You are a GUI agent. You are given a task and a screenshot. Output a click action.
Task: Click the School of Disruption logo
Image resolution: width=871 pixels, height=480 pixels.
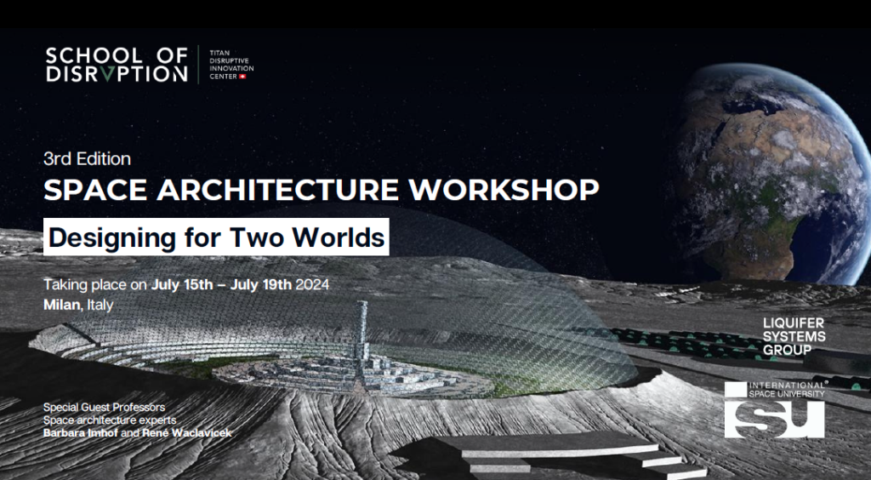coord(117,65)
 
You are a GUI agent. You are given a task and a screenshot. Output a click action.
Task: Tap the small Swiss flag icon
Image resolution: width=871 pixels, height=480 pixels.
coord(242,76)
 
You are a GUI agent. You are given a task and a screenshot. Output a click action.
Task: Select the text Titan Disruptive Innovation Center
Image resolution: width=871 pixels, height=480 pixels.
coord(231,65)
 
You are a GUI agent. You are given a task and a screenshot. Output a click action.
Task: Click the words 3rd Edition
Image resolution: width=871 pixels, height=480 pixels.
coord(88,159)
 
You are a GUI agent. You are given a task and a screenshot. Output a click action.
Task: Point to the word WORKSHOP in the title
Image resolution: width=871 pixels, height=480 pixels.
coord(504,190)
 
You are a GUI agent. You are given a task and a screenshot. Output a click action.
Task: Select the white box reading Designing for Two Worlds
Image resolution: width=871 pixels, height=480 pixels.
coord(216,237)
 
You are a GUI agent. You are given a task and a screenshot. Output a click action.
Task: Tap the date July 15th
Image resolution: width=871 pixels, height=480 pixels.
coord(182,284)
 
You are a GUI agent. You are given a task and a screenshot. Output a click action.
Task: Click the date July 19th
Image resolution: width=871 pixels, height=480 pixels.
coord(261,284)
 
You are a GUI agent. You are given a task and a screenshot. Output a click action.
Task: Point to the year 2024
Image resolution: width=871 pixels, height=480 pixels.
coord(312,284)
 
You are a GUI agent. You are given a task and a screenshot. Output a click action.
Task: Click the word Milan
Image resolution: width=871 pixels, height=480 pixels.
coord(61,305)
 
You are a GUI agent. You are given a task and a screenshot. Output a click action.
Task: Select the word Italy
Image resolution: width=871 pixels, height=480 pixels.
coord(100,305)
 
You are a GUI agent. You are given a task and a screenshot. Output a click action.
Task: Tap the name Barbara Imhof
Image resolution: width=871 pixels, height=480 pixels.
coord(81,433)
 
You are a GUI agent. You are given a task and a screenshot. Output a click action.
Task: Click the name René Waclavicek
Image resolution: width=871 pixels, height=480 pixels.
coord(186,433)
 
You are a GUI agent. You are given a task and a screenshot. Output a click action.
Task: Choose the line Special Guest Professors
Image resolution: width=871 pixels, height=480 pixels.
coord(104,407)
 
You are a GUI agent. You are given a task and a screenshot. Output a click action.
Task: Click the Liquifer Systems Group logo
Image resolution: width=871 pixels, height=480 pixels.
coord(794,337)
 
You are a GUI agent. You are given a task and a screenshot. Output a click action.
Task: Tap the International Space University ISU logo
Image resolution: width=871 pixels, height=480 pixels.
coord(774,409)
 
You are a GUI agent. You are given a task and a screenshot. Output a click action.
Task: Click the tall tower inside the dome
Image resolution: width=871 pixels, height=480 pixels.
coord(361,334)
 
